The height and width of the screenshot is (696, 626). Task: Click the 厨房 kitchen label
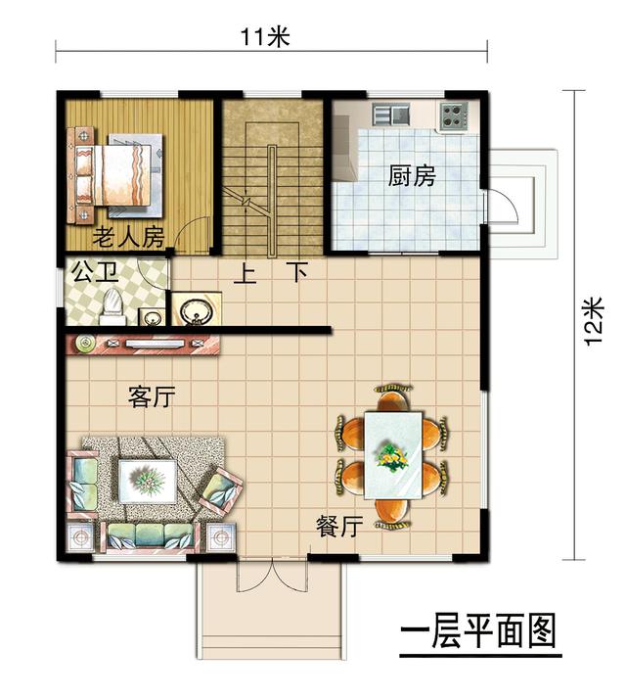click(x=411, y=177)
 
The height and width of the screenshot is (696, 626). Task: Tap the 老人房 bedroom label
click(x=127, y=237)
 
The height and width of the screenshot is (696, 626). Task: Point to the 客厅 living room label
click(x=152, y=396)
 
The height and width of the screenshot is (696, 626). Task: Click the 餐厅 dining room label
click(x=339, y=526)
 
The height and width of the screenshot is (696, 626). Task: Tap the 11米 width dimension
click(x=266, y=37)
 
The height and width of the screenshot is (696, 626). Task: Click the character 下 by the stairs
click(x=297, y=272)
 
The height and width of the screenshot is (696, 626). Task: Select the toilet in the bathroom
click(x=111, y=303)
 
